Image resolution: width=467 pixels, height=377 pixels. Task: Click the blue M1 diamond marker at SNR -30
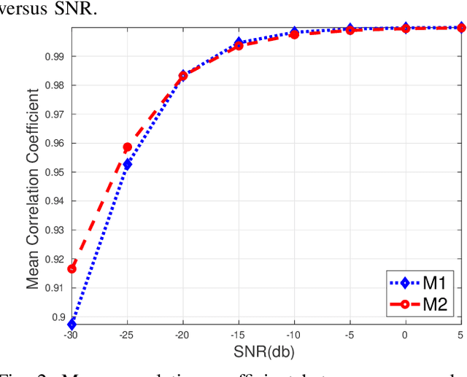(x=72, y=324)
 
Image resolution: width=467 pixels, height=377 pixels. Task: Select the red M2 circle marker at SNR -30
(x=72, y=268)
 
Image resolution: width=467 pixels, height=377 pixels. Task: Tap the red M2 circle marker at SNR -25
(x=128, y=147)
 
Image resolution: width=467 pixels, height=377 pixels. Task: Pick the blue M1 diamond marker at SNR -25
(x=128, y=164)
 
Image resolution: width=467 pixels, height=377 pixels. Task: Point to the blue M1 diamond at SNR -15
(x=239, y=43)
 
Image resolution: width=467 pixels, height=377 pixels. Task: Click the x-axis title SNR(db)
(x=266, y=352)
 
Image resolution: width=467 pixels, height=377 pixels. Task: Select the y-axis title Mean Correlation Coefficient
(x=33, y=188)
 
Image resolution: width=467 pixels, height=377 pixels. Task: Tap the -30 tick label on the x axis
(x=72, y=335)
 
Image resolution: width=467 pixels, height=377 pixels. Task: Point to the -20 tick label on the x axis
(x=183, y=335)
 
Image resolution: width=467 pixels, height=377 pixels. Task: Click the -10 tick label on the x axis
(x=294, y=335)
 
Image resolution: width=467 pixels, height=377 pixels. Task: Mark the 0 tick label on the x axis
(x=406, y=335)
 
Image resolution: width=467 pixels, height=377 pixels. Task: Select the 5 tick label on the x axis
(x=460, y=335)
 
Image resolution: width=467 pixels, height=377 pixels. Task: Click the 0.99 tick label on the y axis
(x=55, y=56)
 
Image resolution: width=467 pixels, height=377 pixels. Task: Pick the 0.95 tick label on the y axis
(x=55, y=172)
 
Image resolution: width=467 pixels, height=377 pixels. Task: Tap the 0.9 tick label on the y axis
(x=58, y=317)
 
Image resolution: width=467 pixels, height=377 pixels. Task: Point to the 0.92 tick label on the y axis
(x=55, y=259)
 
